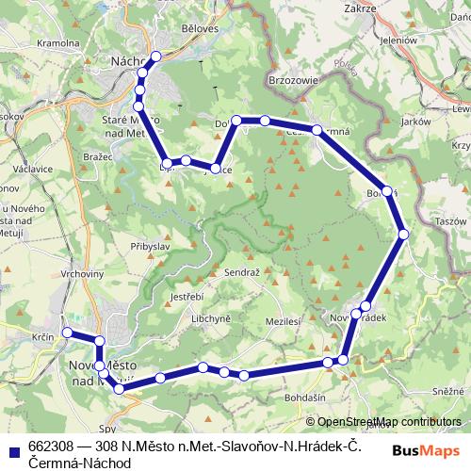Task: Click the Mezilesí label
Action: click(284, 321)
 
